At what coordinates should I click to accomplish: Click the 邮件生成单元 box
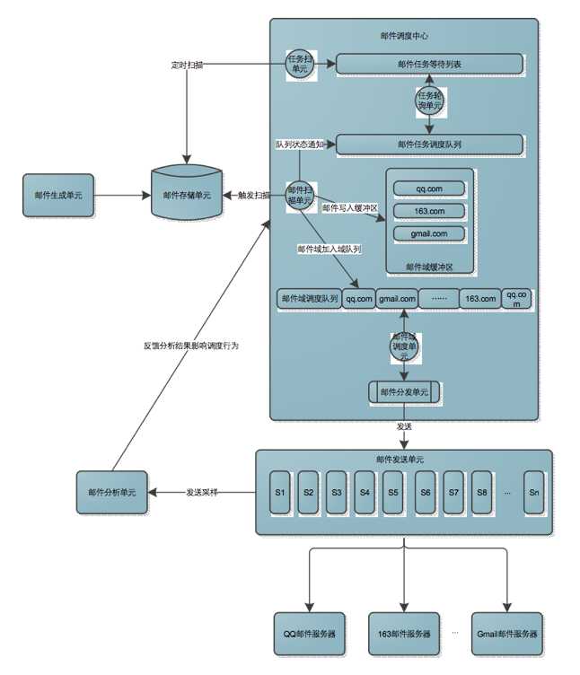point(58,195)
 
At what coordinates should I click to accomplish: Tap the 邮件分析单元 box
point(112,492)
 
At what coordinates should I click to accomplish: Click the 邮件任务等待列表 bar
point(428,64)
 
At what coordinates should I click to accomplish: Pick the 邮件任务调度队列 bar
point(428,144)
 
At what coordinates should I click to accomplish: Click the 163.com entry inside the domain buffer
point(430,211)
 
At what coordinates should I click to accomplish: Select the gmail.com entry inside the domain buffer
point(430,233)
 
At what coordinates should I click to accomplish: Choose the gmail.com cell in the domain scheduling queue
point(396,299)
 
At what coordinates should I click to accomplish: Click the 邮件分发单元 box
point(404,392)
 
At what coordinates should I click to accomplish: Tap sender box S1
point(279,492)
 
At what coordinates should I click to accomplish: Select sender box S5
point(392,492)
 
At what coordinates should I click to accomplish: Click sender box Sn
point(534,492)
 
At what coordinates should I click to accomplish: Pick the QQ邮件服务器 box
point(309,634)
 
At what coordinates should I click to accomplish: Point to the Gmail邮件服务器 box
point(508,634)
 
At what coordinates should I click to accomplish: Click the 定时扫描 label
point(187,65)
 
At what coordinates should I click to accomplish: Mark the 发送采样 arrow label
point(202,492)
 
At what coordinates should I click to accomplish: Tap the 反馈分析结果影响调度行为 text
point(191,345)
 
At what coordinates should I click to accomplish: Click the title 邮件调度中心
point(404,36)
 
